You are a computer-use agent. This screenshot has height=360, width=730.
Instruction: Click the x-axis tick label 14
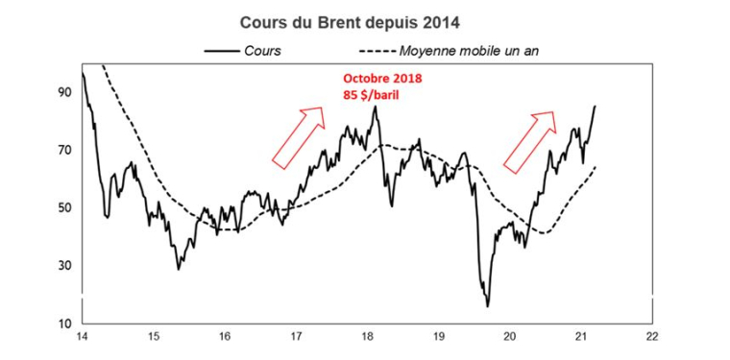(83, 337)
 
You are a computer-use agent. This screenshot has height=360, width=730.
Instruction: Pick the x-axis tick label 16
(225, 337)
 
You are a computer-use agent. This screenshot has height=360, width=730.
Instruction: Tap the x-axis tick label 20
(510, 337)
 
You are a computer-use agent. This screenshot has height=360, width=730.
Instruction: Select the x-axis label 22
(652, 337)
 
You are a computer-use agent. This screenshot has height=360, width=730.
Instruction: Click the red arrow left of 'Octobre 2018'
(299, 136)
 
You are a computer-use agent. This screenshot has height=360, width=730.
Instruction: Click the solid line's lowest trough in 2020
(488, 306)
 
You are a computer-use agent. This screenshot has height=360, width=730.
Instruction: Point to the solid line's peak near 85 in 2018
(376, 107)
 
